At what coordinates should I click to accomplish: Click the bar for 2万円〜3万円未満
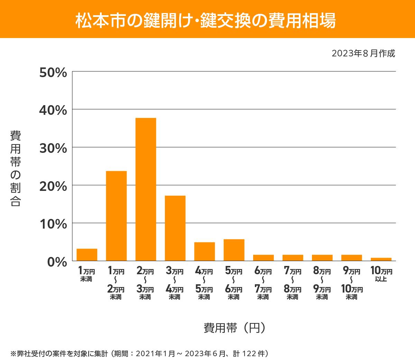146,189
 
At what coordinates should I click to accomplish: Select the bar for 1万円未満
87,255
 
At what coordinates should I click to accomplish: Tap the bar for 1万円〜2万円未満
116,216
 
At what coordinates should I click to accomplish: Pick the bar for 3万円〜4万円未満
175,228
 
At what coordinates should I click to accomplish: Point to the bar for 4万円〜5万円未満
204,251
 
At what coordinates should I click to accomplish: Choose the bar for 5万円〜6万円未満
234,250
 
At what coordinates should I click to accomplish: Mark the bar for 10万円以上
381,259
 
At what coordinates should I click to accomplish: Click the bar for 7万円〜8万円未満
293,258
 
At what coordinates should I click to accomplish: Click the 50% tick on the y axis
53,73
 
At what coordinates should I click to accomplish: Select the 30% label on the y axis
53,148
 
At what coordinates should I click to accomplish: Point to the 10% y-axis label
53,224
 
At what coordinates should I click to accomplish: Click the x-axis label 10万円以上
381,274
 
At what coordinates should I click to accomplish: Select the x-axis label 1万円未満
86,274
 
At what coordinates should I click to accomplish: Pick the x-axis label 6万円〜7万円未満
263,283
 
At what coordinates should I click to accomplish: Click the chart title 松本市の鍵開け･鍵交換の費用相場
205,20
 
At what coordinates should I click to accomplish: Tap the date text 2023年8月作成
363,54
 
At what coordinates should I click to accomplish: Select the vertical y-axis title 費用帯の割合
16,168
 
